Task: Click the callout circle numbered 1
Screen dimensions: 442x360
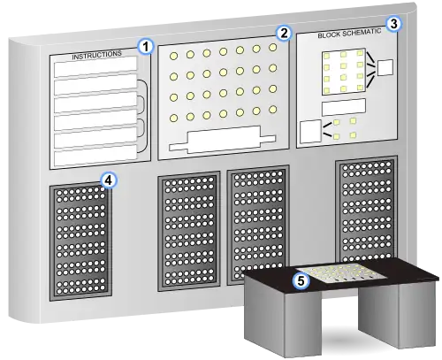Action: (146, 47)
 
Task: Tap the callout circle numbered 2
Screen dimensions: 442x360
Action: (284, 34)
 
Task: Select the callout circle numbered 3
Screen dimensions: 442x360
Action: (394, 24)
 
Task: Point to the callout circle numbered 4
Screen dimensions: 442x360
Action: (109, 180)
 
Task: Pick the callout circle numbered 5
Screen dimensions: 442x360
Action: (301, 280)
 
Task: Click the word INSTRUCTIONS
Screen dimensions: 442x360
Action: (96, 55)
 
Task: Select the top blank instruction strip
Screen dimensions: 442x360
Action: (95, 67)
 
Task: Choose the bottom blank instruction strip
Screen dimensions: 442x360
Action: (95, 156)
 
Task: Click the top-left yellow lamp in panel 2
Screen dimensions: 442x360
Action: (174, 56)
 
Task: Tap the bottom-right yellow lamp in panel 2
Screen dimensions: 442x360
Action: (273, 110)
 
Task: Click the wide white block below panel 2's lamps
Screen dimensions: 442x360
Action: (223, 140)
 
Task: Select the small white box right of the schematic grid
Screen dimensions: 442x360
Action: (385, 68)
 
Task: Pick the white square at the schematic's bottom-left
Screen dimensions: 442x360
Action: (310, 132)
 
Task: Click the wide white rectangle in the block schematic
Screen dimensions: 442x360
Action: (344, 107)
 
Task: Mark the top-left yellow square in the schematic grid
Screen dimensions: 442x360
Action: (326, 56)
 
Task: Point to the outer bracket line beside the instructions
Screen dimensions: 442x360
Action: (147, 116)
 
